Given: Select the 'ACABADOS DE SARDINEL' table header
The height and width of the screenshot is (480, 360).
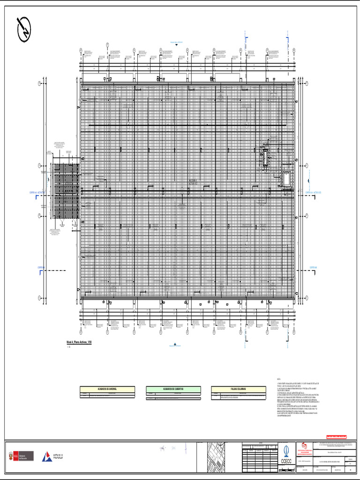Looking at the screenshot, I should point(107,389).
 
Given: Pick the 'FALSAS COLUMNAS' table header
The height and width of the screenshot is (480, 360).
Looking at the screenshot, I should point(239,389).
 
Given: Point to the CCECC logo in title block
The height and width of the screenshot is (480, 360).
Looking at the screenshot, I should point(286,455).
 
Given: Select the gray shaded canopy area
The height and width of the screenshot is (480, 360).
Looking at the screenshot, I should point(65,191).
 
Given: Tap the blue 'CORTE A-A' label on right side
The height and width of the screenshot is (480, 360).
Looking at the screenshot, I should point(315,192).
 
